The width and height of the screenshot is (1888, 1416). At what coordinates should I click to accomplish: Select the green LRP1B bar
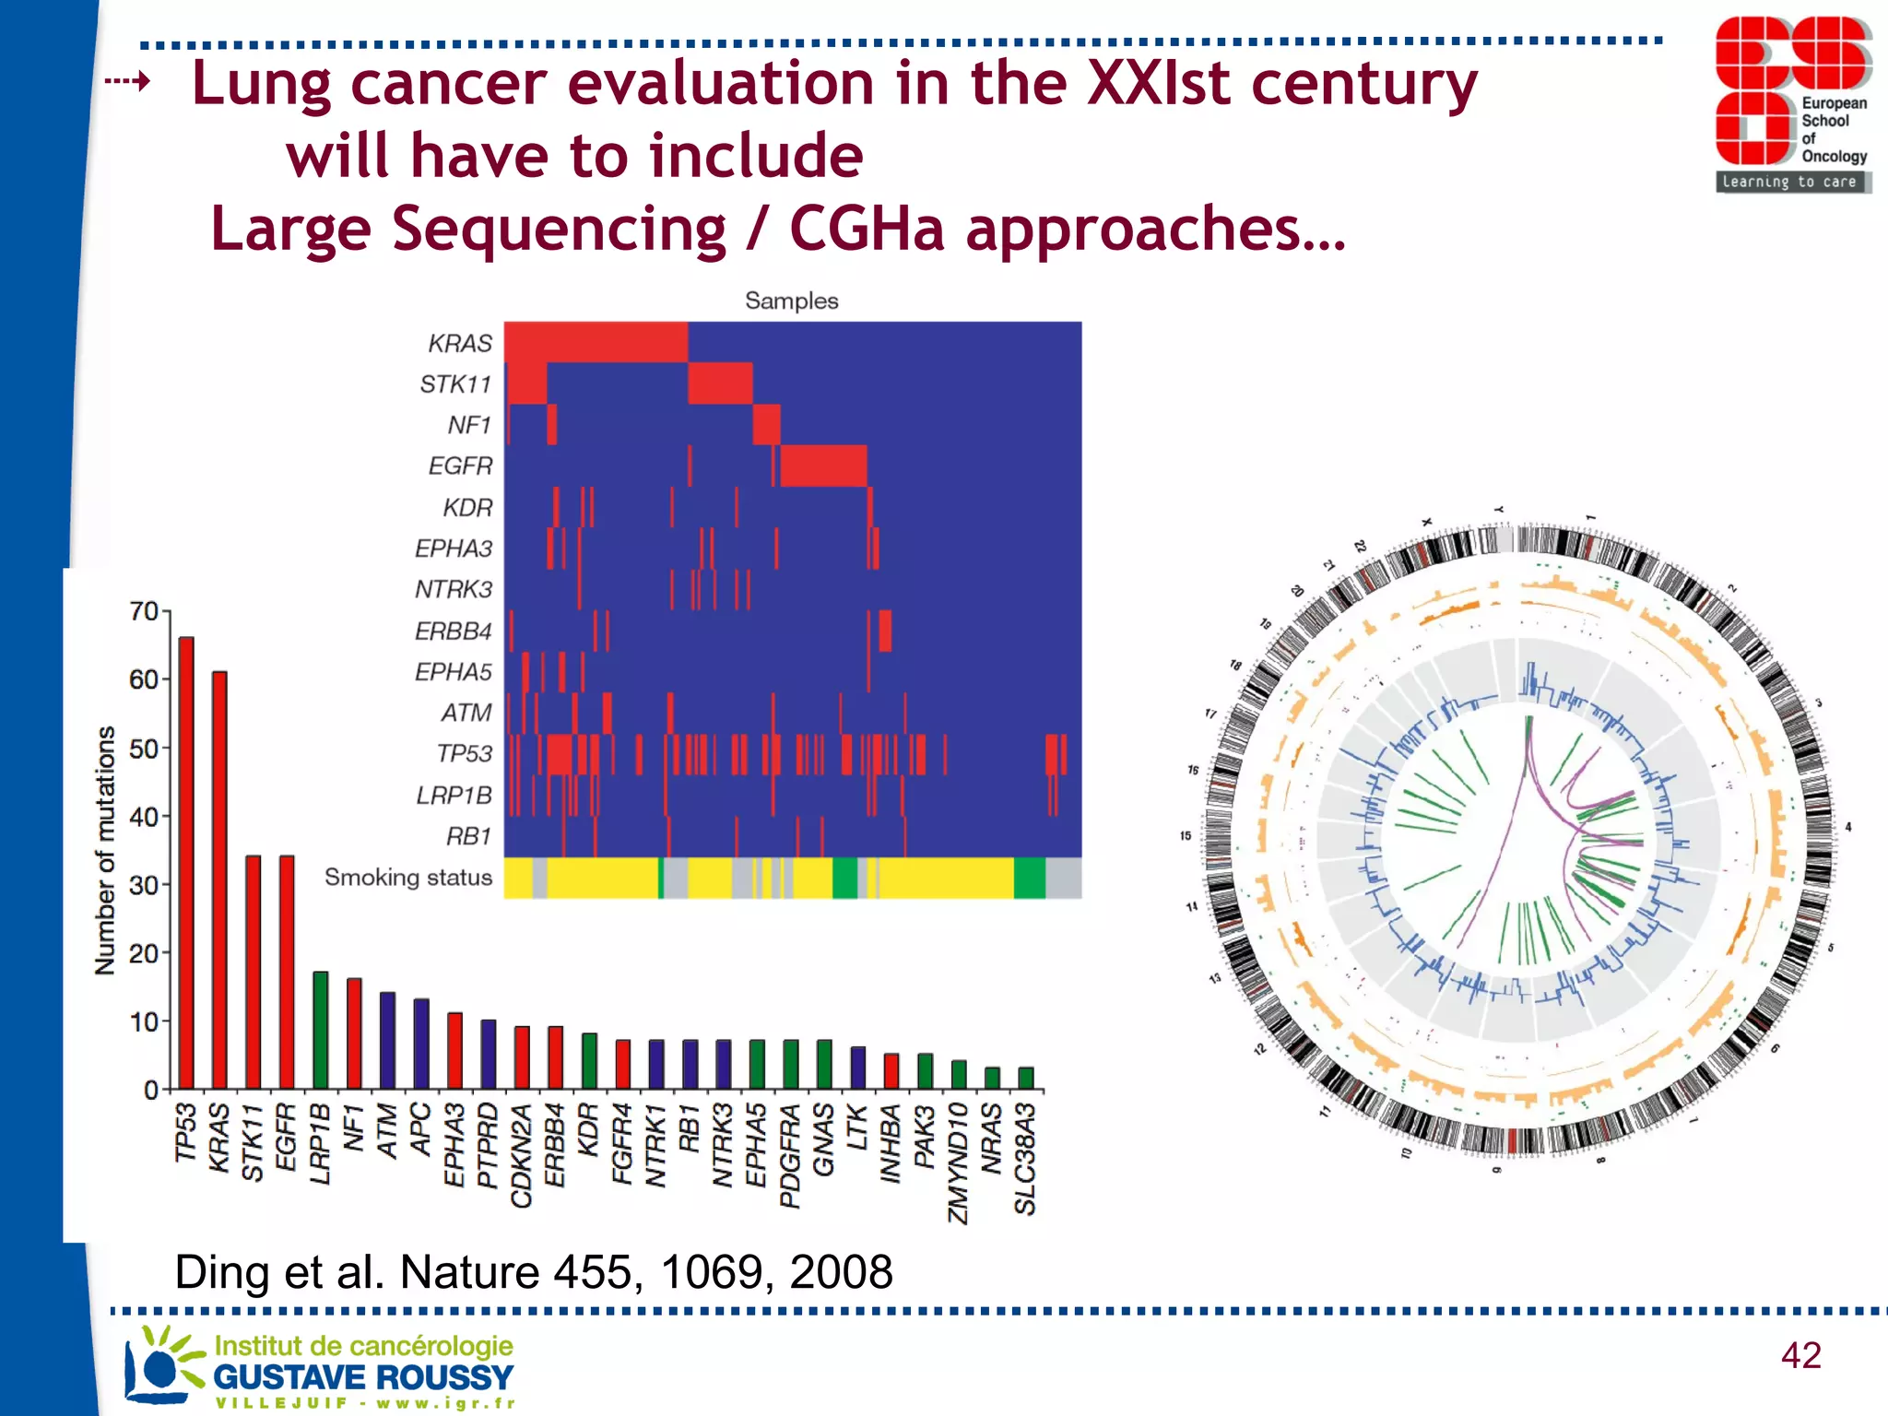tap(320, 1030)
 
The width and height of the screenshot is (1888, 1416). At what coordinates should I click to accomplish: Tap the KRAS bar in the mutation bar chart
tap(219, 879)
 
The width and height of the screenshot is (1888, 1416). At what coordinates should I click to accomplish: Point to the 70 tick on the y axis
tap(144, 611)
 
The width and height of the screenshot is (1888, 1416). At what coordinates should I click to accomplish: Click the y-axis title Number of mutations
tap(105, 850)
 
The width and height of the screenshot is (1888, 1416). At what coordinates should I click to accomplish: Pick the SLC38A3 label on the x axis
tap(1025, 1160)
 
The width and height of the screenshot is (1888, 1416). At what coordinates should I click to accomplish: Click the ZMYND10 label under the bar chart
tap(958, 1163)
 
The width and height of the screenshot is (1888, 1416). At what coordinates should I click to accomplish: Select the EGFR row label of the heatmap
tap(460, 466)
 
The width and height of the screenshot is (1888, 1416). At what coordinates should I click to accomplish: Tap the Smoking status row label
tap(408, 878)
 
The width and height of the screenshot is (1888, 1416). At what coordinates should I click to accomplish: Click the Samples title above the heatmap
tap(791, 301)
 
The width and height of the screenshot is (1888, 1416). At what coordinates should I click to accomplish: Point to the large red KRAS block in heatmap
tap(596, 342)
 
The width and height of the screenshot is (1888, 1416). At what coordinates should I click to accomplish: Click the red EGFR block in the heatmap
tap(822, 466)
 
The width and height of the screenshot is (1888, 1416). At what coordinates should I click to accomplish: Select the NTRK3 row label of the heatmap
tap(454, 589)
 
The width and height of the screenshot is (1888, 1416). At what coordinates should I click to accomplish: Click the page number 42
tap(1800, 1355)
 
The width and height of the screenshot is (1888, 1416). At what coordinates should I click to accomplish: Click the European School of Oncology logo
tap(1792, 104)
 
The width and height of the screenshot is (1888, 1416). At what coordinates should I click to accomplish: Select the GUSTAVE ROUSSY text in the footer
tap(363, 1377)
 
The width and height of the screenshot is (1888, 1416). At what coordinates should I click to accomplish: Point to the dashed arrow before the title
tap(127, 82)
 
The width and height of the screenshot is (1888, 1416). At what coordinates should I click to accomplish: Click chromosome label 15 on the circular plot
tap(1186, 836)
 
